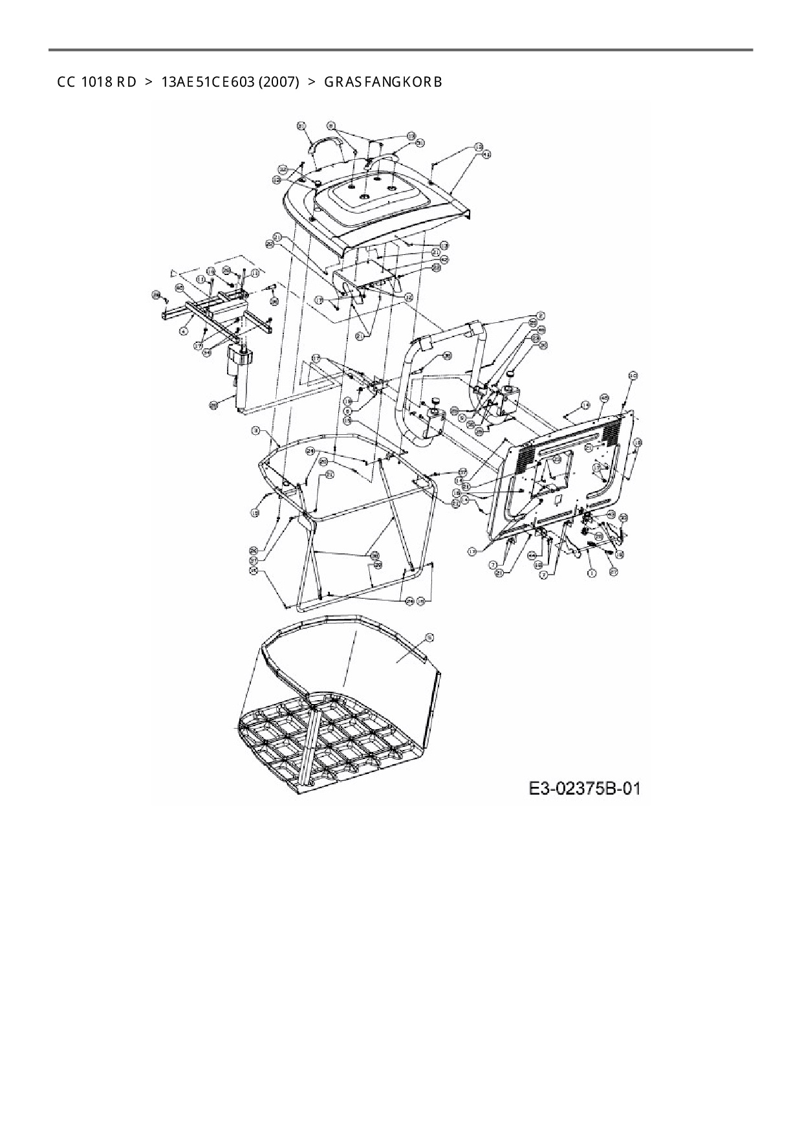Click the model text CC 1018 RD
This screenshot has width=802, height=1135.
coord(96,82)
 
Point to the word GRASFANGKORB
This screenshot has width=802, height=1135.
coord(383,82)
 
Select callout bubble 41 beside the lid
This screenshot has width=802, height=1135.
coord(487,155)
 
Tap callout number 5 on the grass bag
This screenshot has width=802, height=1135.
coord(429,637)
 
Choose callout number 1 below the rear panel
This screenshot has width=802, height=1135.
coord(590,573)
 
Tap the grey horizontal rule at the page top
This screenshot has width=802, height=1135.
coord(401,50)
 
